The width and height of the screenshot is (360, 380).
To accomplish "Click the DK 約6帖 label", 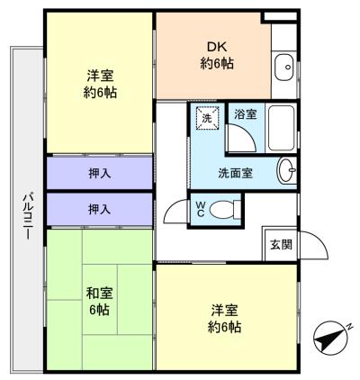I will coord(212,56).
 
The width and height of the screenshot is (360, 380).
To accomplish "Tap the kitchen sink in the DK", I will coord(284,66).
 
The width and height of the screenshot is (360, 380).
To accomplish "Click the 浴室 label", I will coord(245,115).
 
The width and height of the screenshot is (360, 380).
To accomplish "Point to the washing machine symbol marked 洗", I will coord(207,118).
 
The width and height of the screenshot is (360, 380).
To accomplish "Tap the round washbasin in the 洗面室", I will coord(287,170).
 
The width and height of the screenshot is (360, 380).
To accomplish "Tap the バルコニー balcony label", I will coord(28,215).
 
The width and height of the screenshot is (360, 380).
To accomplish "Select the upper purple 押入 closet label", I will coord(100,173).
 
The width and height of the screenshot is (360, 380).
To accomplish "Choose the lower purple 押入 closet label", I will coord(100,209).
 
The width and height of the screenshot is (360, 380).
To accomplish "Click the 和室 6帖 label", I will coord(98,301).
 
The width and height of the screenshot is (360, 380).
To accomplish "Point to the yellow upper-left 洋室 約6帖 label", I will coord(100,85).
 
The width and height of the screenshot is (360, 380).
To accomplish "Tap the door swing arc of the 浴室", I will coord(241,137).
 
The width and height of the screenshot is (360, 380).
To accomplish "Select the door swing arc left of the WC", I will coord(175,213).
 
